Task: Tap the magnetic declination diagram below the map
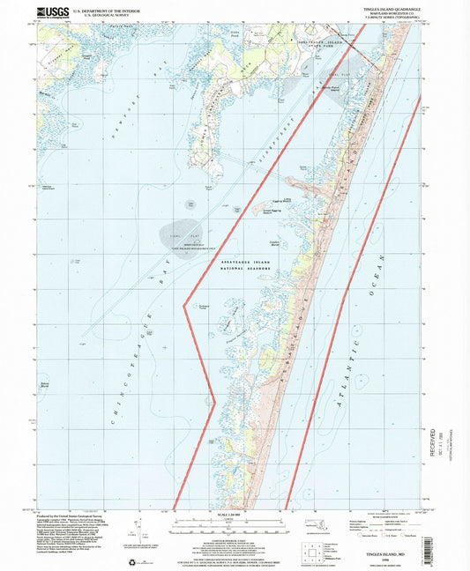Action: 132,529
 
